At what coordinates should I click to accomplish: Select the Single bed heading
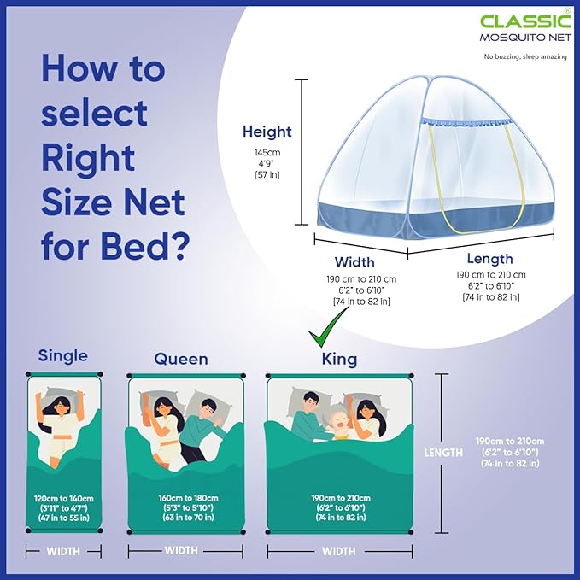62,355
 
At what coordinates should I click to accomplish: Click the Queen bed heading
180,359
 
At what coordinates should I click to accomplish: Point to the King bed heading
338,359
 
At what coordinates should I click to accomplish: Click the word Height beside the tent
267,132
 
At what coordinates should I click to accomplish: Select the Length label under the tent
489,259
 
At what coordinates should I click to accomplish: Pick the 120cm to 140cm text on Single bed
63,498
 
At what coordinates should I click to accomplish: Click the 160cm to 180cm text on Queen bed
189,498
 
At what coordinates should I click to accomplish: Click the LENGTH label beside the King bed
443,453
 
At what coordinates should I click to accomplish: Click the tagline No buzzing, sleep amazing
525,57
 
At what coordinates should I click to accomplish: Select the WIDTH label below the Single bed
63,551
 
